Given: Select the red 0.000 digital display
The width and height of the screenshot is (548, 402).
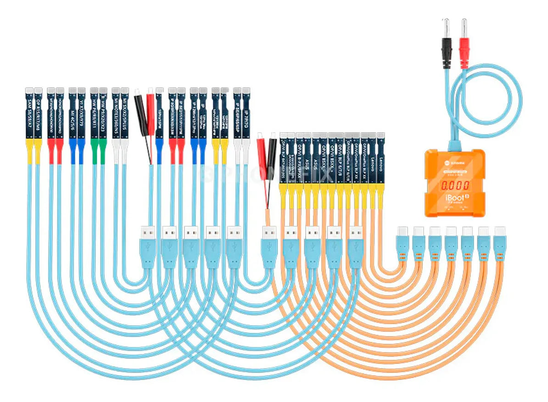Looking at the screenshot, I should [454, 186].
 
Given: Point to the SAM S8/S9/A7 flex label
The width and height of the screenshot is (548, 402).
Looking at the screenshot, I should [30, 117].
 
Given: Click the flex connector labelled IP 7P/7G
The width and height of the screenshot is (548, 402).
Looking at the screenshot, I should [246, 115].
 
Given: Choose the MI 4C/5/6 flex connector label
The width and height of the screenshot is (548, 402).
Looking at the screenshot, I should [73, 117].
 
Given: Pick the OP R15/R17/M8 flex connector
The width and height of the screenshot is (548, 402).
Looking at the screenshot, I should [39, 117].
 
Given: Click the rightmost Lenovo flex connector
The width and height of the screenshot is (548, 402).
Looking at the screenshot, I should [380, 161].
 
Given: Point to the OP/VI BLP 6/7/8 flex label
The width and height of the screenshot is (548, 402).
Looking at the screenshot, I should [340, 161].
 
